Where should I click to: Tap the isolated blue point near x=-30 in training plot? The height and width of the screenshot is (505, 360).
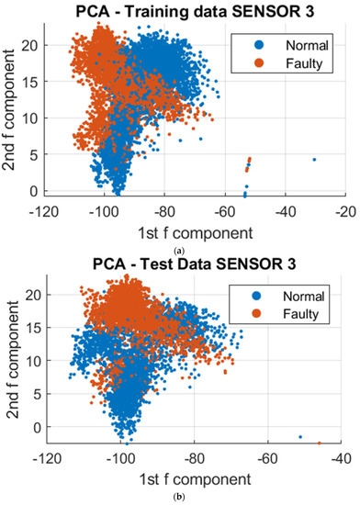point(314,160)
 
